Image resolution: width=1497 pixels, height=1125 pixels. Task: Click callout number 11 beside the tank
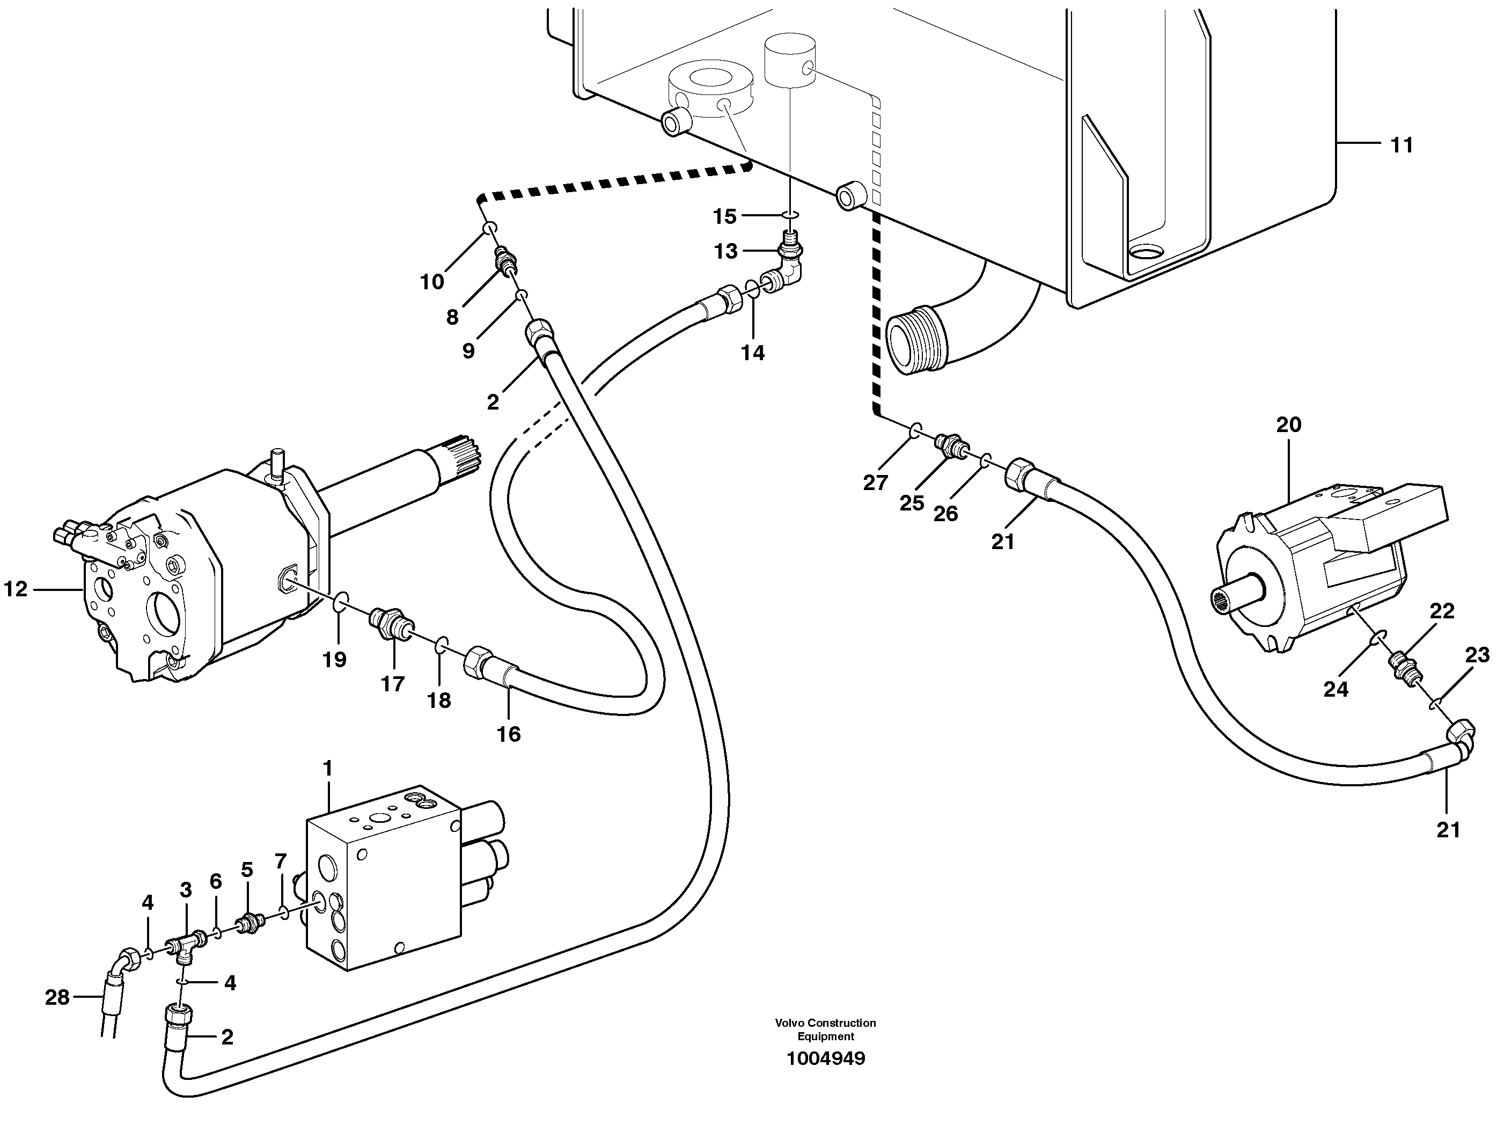point(1401,145)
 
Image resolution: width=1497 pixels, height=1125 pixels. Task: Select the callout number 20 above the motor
point(1289,425)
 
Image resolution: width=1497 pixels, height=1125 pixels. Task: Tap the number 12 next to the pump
point(16,589)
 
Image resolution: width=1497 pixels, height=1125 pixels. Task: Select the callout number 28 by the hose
point(57,997)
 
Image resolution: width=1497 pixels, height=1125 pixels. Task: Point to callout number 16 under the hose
point(509,734)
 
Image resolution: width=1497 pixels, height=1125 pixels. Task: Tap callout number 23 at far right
point(1477,655)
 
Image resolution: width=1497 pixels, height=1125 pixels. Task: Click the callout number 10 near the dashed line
point(432,282)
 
